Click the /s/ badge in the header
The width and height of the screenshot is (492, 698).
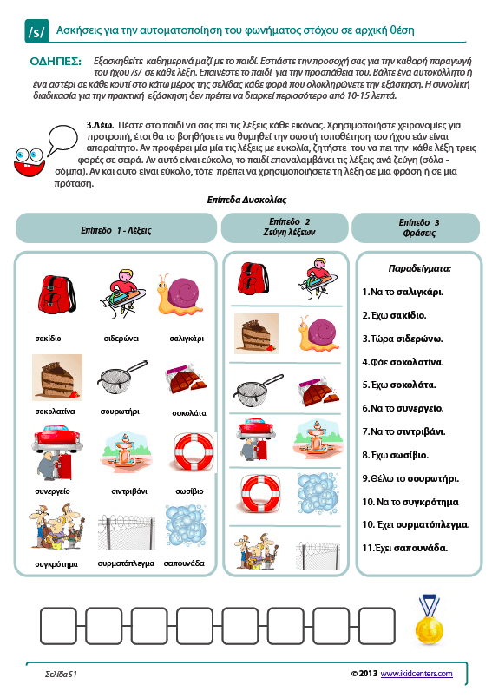(36, 31)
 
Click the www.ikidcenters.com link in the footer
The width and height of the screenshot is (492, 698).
(417, 674)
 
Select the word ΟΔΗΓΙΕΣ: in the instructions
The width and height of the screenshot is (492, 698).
(56, 62)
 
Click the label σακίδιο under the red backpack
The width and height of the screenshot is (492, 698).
(48, 339)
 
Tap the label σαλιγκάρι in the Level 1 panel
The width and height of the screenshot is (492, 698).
(187, 339)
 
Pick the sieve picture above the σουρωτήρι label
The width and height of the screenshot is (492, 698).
(121, 377)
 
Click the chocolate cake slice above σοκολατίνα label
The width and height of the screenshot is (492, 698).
(57, 378)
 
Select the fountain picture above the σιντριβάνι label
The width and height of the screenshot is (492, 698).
(126, 451)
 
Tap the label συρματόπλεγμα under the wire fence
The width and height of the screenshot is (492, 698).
(126, 563)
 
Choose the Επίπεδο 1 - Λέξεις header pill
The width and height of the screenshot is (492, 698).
(116, 228)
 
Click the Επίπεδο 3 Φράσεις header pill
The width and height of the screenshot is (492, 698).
(416, 228)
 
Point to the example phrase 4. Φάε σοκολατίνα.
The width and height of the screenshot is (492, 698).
(403, 362)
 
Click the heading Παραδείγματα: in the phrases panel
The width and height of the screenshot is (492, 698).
(419, 268)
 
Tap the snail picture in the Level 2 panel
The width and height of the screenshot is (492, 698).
(318, 334)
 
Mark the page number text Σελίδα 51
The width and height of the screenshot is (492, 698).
(61, 675)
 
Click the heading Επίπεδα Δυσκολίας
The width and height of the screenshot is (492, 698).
(246, 200)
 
